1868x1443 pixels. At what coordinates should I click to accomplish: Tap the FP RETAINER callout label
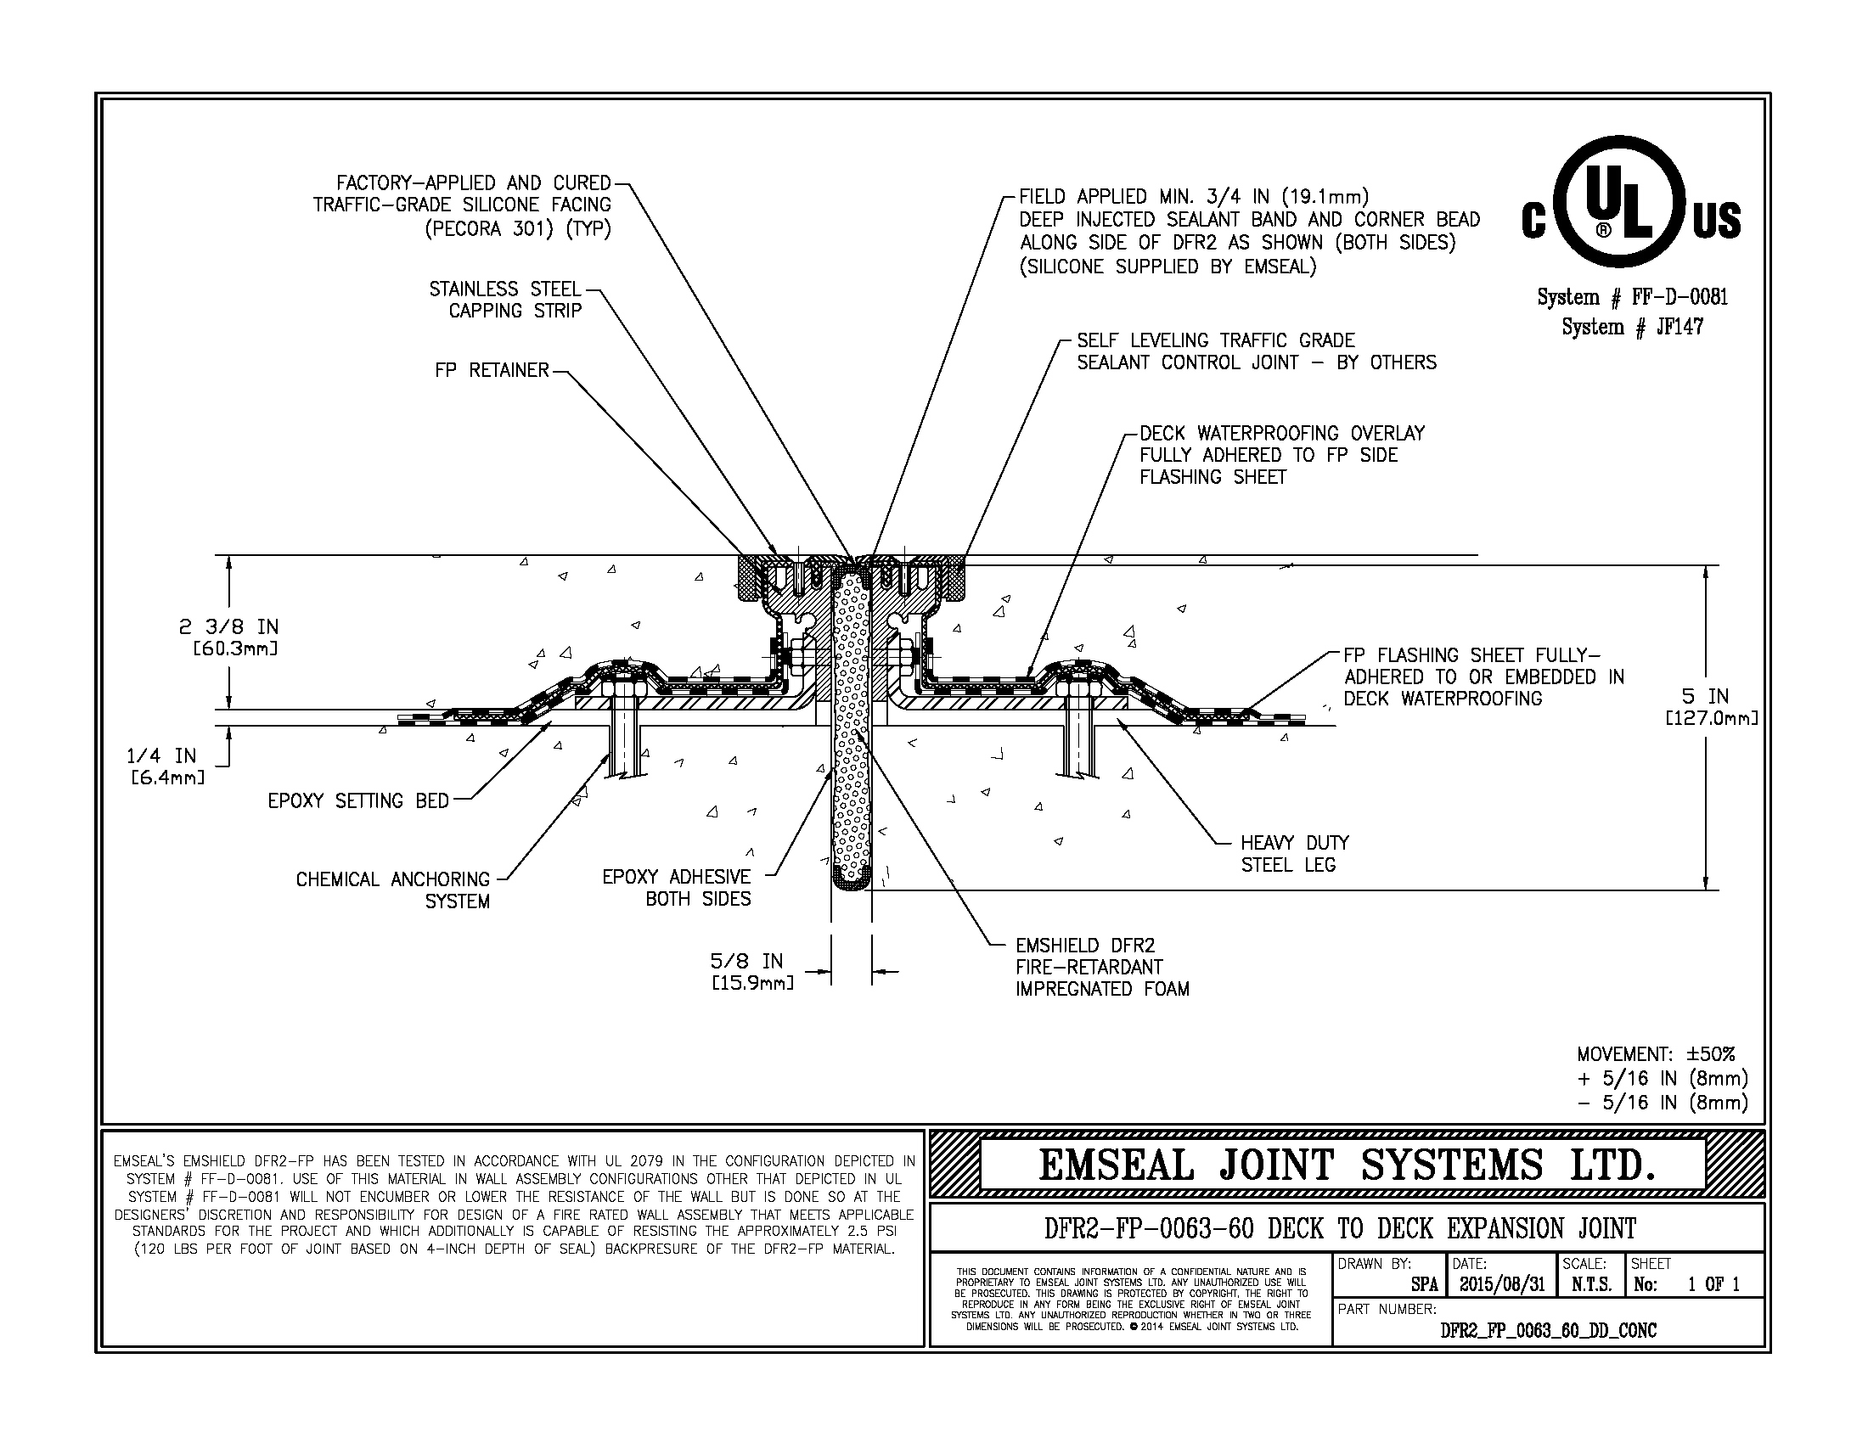pyautogui.click(x=492, y=370)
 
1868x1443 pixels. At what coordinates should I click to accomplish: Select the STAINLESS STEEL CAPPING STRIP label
pyautogui.click(x=505, y=300)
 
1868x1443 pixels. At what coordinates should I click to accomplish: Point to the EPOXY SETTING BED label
pyautogui.click(x=358, y=801)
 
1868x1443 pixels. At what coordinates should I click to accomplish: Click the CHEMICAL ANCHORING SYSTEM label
pyautogui.click(x=393, y=890)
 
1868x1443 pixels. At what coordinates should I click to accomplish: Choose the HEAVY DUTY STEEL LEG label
pyautogui.click(x=1295, y=854)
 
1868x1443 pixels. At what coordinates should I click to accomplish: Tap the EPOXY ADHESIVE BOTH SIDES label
pyautogui.click(x=677, y=887)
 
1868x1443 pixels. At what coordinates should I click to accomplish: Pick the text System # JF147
pyautogui.click(x=1632, y=328)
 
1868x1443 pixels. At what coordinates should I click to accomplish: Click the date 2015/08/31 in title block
pyautogui.click(x=1501, y=1284)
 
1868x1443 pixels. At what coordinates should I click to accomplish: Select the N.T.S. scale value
pyautogui.click(x=1591, y=1284)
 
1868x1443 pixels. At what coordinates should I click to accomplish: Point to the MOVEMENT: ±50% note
pyautogui.click(x=1656, y=1054)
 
